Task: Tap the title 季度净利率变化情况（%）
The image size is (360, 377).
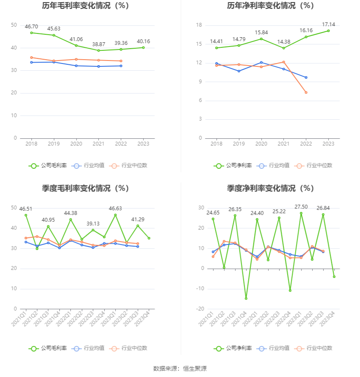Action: click(x=270, y=188)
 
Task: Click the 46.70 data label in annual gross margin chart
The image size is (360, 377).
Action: click(x=31, y=26)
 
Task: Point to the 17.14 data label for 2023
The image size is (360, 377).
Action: click(x=328, y=25)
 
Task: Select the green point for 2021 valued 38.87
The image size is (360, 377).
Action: click(x=99, y=50)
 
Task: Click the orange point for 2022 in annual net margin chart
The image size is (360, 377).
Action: click(x=306, y=92)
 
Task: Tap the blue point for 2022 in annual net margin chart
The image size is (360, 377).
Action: click(x=306, y=77)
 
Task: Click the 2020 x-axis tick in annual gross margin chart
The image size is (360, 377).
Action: click(x=76, y=144)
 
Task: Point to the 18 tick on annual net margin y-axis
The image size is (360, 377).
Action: click(x=199, y=25)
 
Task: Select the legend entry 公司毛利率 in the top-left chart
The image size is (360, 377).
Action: click(x=48, y=165)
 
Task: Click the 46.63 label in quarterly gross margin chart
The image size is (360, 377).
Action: click(x=115, y=209)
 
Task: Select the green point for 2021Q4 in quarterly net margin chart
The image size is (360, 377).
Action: click(x=246, y=298)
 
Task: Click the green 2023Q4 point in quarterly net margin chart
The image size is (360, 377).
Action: click(x=334, y=277)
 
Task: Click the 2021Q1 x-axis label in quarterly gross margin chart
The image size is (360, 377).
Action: click(x=19, y=318)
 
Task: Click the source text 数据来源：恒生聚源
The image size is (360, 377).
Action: click(x=180, y=369)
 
